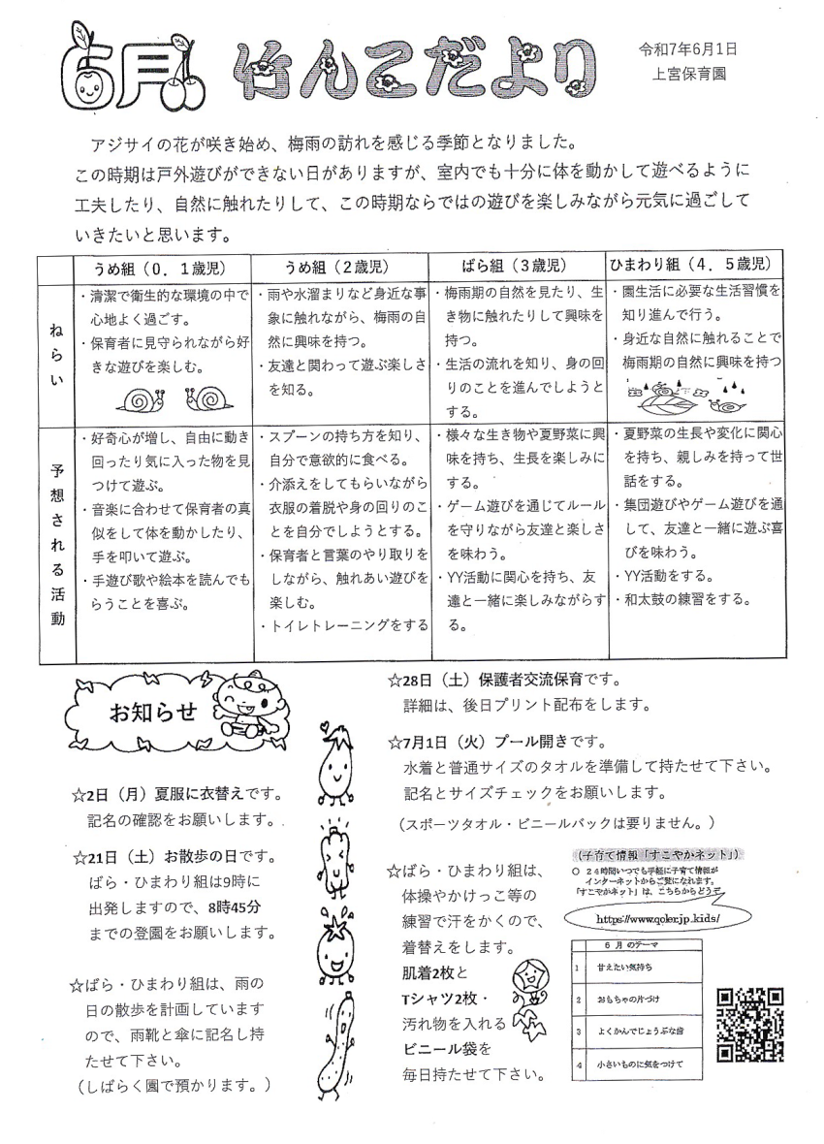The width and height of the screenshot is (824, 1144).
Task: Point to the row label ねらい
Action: [x=56, y=355]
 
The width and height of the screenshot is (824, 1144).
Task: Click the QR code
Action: [x=749, y=1024]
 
